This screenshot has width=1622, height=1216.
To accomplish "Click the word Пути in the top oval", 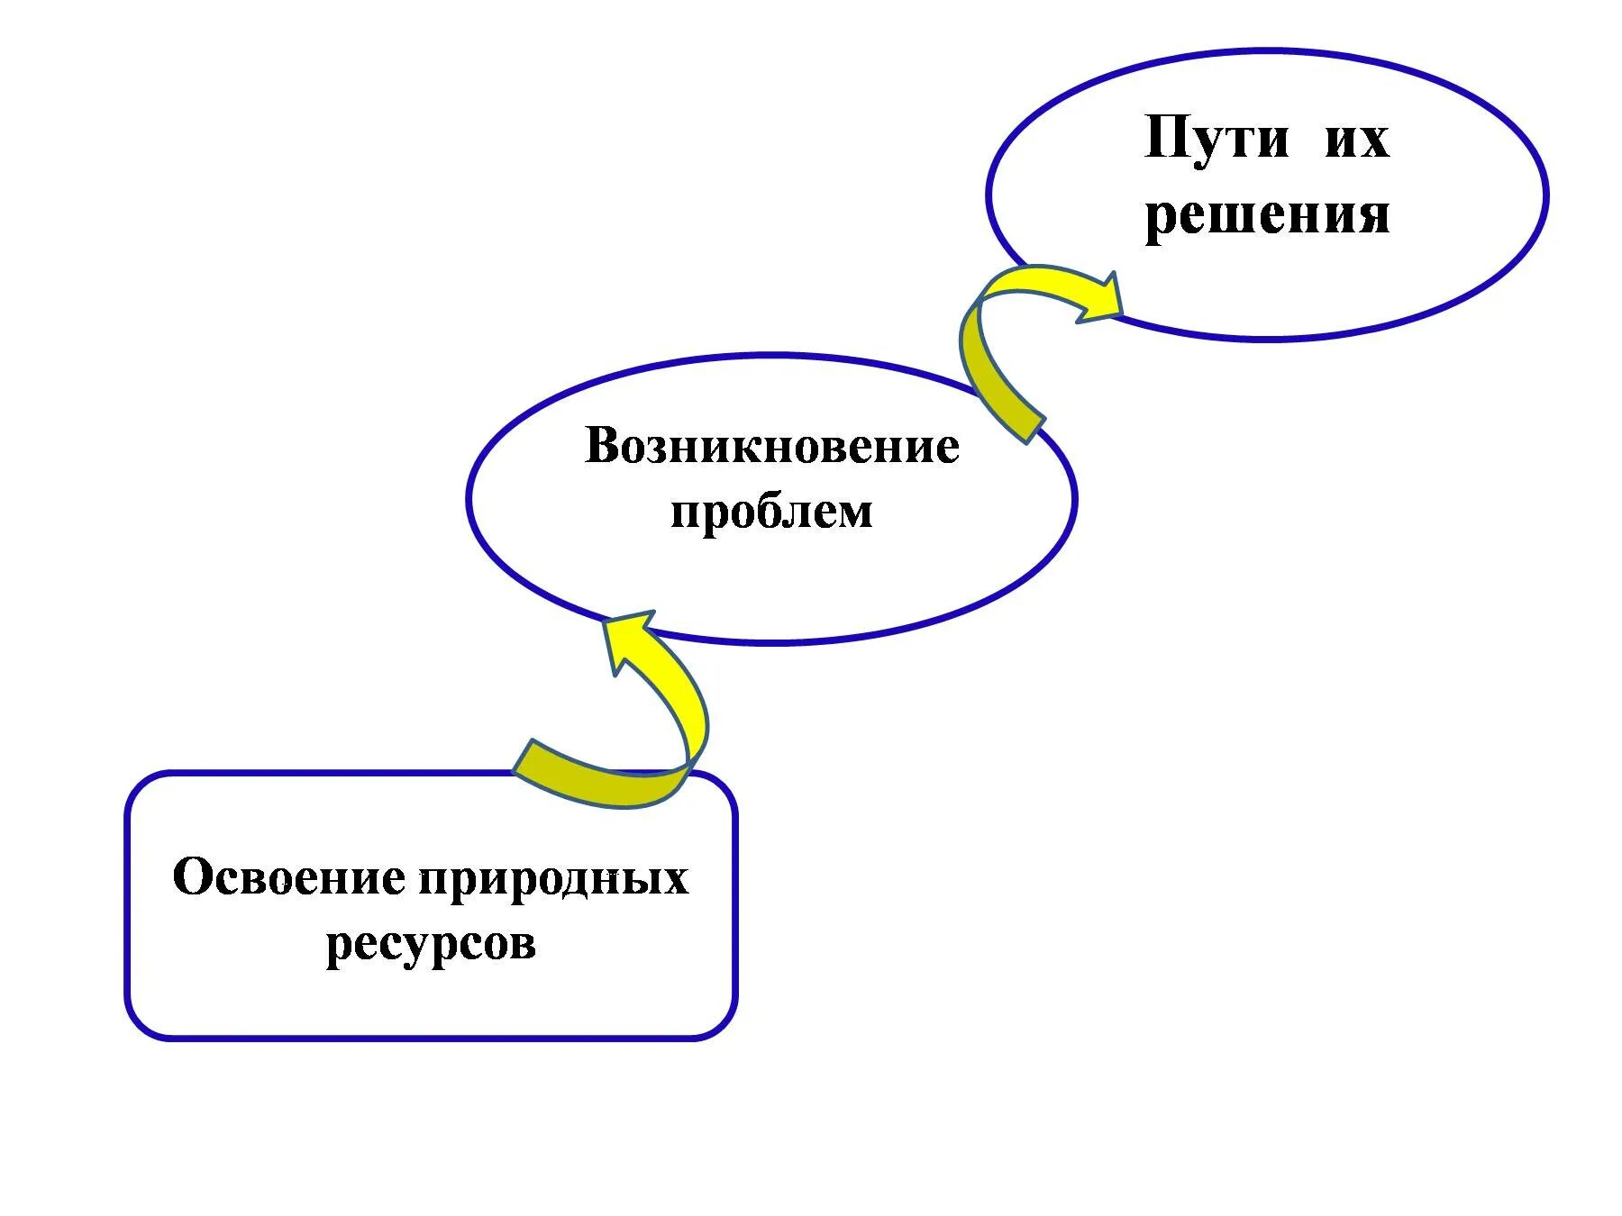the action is coord(1216,141).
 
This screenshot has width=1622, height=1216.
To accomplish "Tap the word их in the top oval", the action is coord(1356,141).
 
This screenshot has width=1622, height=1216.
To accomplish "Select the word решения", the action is coord(1266,216).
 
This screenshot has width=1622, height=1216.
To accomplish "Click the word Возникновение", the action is coord(771,446).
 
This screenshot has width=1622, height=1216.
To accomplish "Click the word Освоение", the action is coord(288,876).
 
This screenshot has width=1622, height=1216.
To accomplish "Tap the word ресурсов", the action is coord(431,944).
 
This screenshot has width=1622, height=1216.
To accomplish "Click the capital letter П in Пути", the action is coord(1166,139).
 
